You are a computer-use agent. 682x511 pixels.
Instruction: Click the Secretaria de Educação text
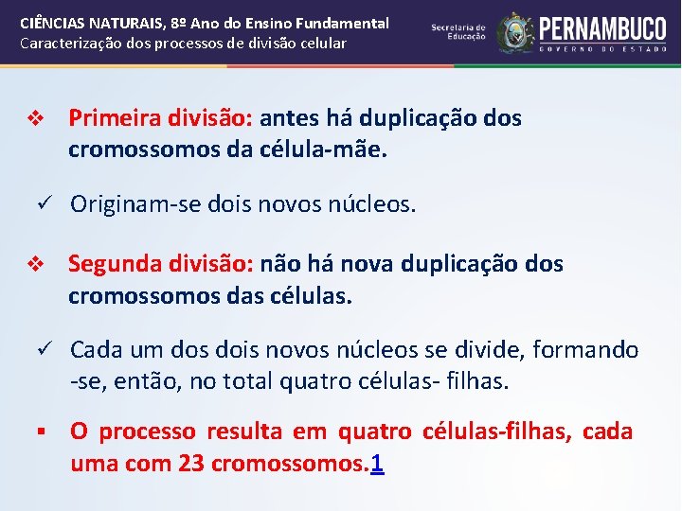[458, 32]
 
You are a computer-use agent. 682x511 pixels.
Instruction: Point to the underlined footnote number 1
[378, 464]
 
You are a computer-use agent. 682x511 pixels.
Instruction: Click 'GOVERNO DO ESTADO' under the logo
[603, 46]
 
